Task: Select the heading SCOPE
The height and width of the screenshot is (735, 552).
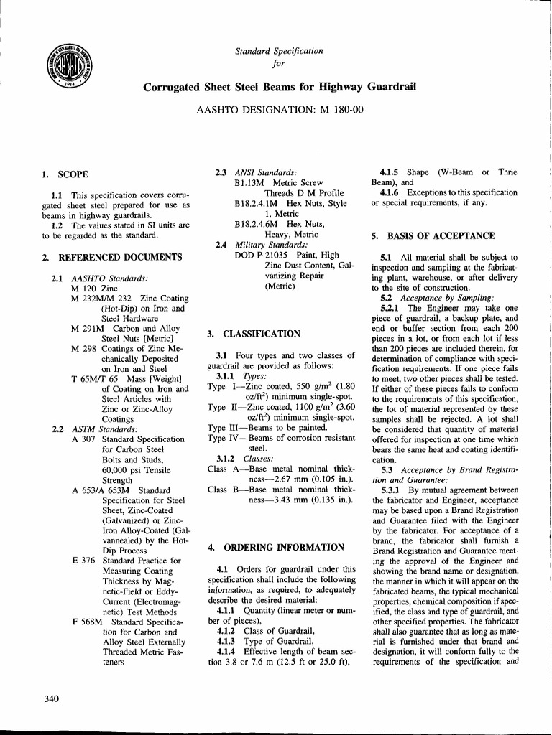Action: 73,174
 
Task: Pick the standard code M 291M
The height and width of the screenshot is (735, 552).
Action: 86,328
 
